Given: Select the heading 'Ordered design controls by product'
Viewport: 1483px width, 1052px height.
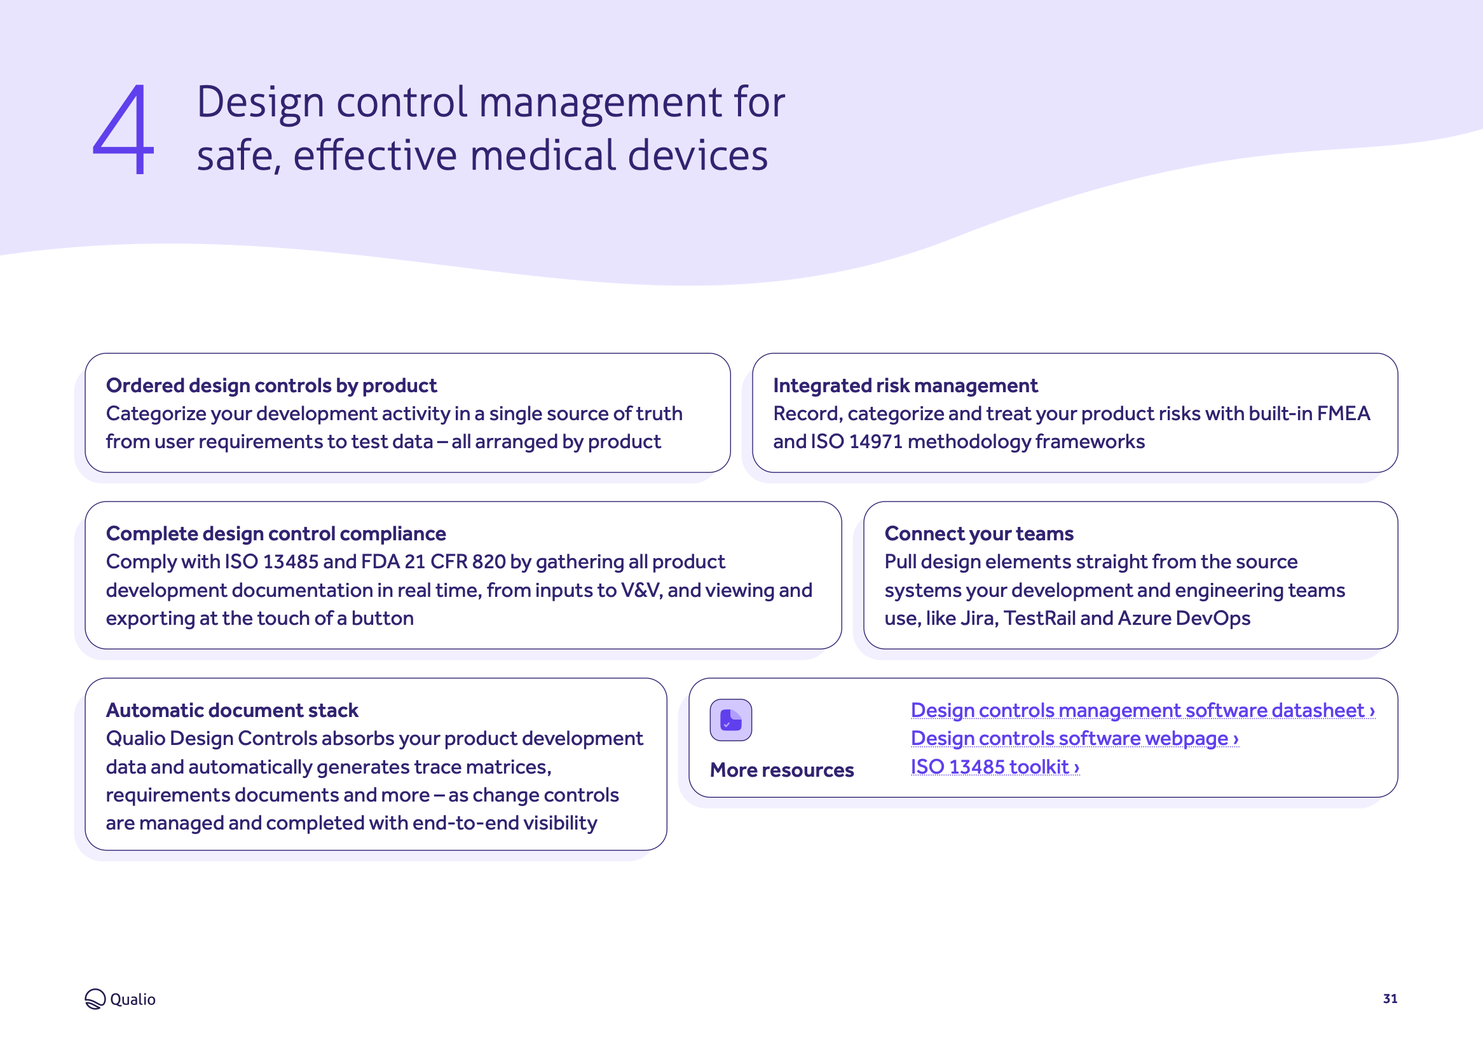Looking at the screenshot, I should [271, 385].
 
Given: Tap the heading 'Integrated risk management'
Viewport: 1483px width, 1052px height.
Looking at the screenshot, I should [905, 385].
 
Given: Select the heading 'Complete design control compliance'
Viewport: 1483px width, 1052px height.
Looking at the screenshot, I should [276, 533].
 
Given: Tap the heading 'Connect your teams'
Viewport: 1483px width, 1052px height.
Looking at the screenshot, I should [978, 533].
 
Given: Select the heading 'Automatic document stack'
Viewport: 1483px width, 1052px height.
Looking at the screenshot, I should [232, 710].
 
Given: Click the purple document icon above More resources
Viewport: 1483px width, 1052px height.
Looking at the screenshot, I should [730, 720].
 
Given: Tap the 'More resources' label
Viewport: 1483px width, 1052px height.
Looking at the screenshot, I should [782, 770].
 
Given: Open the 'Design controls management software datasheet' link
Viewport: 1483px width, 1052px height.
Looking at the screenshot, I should [1142, 710].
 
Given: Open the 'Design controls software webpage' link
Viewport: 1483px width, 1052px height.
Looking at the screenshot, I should [1074, 739].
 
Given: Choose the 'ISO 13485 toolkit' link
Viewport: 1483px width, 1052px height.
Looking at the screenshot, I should [995, 767].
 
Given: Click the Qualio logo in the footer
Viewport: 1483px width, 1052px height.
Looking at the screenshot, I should [120, 999].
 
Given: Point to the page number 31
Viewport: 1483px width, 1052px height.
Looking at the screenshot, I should [1390, 998].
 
